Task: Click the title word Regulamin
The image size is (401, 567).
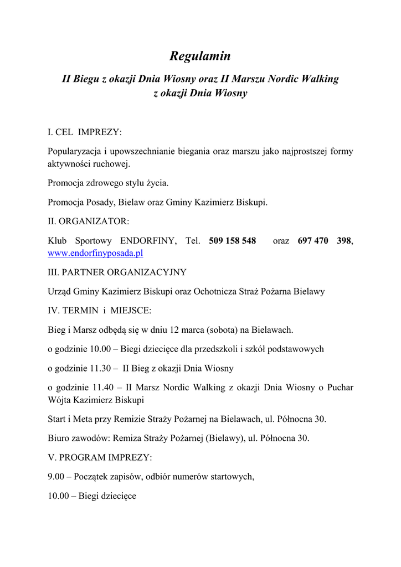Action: point(199,56)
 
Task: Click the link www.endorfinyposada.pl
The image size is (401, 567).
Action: point(95,253)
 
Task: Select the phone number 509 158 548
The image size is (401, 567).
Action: point(232,241)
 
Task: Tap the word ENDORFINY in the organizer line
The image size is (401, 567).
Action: point(148,241)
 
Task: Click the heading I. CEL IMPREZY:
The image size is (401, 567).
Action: point(84,132)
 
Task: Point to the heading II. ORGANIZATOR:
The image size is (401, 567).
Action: point(88,221)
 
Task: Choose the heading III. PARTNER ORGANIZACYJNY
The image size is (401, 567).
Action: point(117,272)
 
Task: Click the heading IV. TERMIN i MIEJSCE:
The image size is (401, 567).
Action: point(99,311)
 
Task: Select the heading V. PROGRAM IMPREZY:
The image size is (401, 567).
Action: point(99,458)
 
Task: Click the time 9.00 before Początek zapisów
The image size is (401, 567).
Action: point(56,477)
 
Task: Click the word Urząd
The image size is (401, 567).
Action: point(59,291)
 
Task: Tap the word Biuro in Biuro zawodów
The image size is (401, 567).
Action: point(59,438)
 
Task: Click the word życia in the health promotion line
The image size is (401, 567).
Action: point(157,183)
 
